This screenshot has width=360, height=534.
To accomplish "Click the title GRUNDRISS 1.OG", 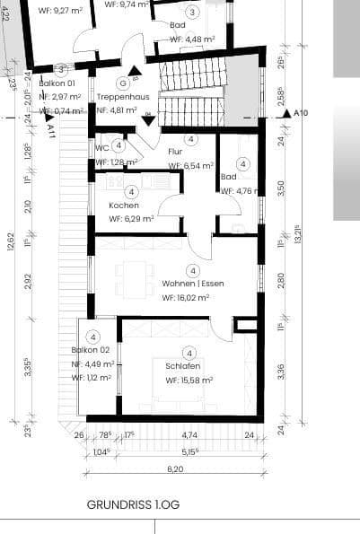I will coord(134,505).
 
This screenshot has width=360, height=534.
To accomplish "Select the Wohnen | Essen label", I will coord(193,284).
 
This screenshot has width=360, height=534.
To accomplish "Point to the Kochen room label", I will coord(123,205).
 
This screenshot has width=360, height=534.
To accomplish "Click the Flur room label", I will coord(174,153).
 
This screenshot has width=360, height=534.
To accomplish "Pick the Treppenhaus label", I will coord(134,96).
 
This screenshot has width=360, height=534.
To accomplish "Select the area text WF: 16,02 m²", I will coord(186,297).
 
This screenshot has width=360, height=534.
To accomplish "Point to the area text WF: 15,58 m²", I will coord(189,381).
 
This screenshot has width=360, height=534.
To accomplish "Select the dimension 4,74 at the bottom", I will coord(189,436).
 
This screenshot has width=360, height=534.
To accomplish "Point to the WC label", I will coord(101,148).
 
